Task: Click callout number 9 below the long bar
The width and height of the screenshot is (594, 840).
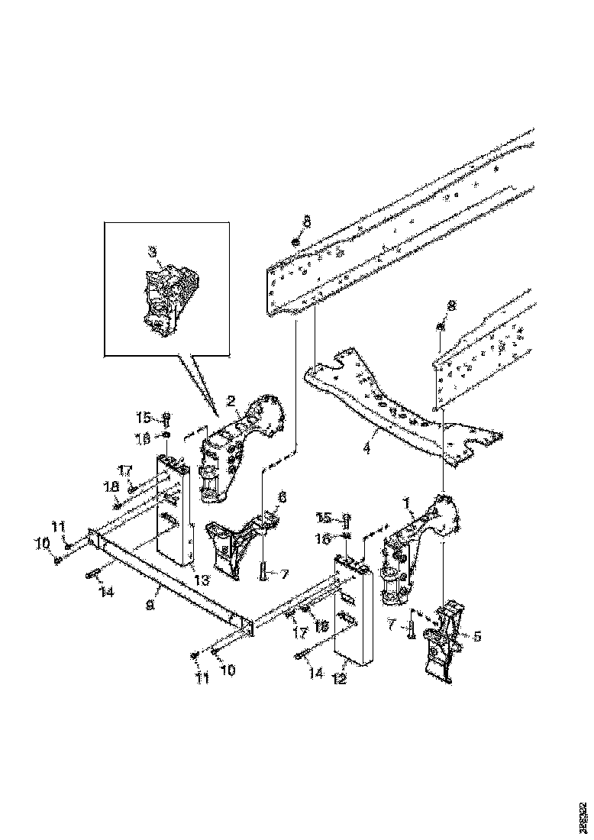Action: click(150, 603)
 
